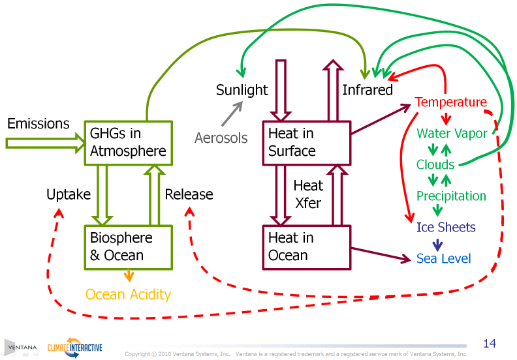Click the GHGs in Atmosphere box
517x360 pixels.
129,142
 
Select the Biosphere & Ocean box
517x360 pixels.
129,247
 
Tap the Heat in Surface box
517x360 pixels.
305,142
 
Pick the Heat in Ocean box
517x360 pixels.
305,247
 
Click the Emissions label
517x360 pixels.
38,123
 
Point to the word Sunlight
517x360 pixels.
242,90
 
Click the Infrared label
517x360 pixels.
368,90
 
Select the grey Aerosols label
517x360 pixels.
221,138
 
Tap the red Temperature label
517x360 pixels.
451,102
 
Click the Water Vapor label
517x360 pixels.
452,134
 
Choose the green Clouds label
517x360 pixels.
435,165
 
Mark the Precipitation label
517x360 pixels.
451,196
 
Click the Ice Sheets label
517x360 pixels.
446,228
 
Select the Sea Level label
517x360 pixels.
443,259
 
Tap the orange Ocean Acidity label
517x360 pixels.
128,295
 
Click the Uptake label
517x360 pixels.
68,194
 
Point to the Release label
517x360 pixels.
189,194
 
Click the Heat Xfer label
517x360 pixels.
307,194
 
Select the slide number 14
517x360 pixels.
490,343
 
